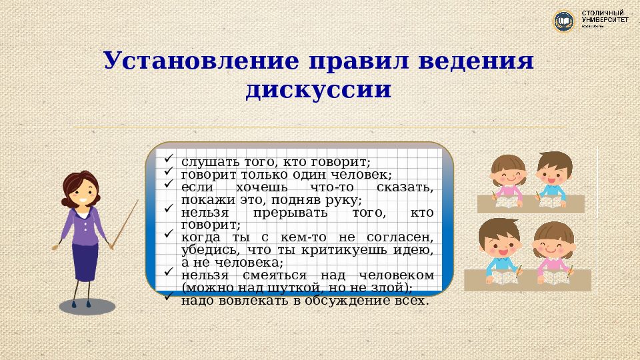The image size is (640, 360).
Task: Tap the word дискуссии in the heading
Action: pyautogui.click(x=318, y=89)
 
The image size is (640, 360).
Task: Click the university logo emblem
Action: pyautogui.click(x=564, y=21)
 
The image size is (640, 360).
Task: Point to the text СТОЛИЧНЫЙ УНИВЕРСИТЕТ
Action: pyautogui.click(x=605, y=17)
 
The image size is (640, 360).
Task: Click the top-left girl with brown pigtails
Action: pyautogui.click(x=510, y=177)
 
